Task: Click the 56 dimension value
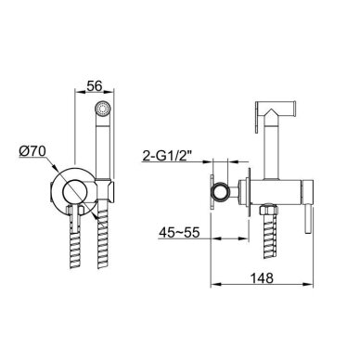[x=94, y=86]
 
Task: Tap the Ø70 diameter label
[x=32, y=151]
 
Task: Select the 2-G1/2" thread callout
[x=168, y=156]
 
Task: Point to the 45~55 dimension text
[x=179, y=233]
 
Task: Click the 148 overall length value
[x=262, y=278]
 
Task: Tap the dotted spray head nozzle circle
[x=103, y=109]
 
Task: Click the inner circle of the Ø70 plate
[x=75, y=191]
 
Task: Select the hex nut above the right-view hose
[x=268, y=211]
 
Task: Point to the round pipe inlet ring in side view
[x=220, y=192]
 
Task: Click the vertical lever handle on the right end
[x=308, y=220]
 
